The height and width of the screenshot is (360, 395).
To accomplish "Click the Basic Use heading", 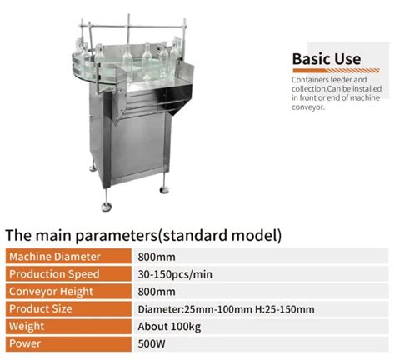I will click(x=327, y=59).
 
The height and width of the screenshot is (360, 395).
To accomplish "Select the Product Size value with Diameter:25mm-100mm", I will click(x=226, y=309).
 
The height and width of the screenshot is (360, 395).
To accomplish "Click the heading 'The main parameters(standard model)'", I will click(x=143, y=235).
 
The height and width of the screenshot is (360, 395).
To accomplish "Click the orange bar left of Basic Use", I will click(x=287, y=60).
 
